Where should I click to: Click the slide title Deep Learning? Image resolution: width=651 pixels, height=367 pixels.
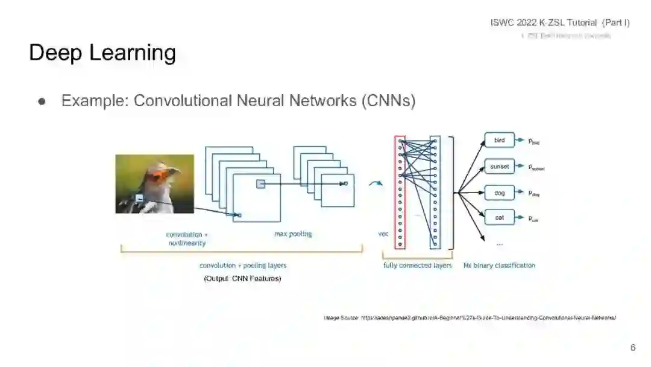point(102,53)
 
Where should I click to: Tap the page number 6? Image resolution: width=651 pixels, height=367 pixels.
point(633,348)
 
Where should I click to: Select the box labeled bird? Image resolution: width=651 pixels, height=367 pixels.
point(499,141)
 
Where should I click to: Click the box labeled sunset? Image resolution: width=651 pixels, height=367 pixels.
point(499,167)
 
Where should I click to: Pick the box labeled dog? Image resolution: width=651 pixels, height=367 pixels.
point(499,193)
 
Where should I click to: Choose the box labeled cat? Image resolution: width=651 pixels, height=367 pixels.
point(499,217)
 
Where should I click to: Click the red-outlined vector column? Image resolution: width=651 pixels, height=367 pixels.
point(400,192)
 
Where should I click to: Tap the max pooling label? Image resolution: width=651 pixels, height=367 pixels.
point(293,234)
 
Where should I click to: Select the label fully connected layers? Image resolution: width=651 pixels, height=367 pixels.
point(417,266)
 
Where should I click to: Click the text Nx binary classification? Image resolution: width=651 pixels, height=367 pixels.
point(499,266)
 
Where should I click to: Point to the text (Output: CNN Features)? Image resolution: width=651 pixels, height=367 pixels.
point(242,278)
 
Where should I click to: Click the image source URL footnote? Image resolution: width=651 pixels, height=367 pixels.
point(470,318)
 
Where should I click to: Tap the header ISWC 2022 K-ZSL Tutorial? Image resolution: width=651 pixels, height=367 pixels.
point(560,23)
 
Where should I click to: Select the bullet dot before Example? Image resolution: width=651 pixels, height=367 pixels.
point(42,101)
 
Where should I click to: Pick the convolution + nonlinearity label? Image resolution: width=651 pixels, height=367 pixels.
point(186,238)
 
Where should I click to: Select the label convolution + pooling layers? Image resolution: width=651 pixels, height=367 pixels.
point(242,266)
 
